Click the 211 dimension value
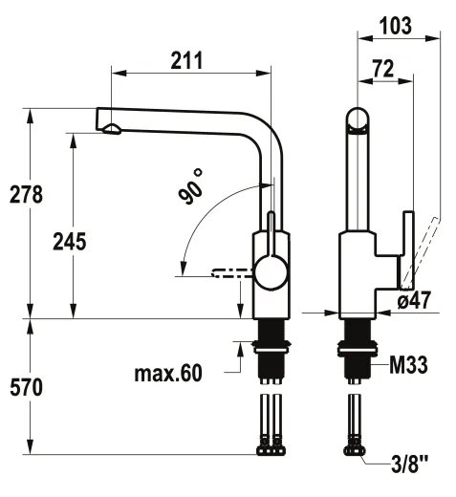(x=186, y=60)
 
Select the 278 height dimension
(x=26, y=194)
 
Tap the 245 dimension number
(x=70, y=242)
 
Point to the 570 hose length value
(x=26, y=387)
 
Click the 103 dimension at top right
(x=396, y=26)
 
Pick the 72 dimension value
(x=383, y=68)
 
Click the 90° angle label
(x=191, y=187)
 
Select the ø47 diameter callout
(x=414, y=300)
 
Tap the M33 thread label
(x=408, y=365)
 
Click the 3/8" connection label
(x=410, y=465)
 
